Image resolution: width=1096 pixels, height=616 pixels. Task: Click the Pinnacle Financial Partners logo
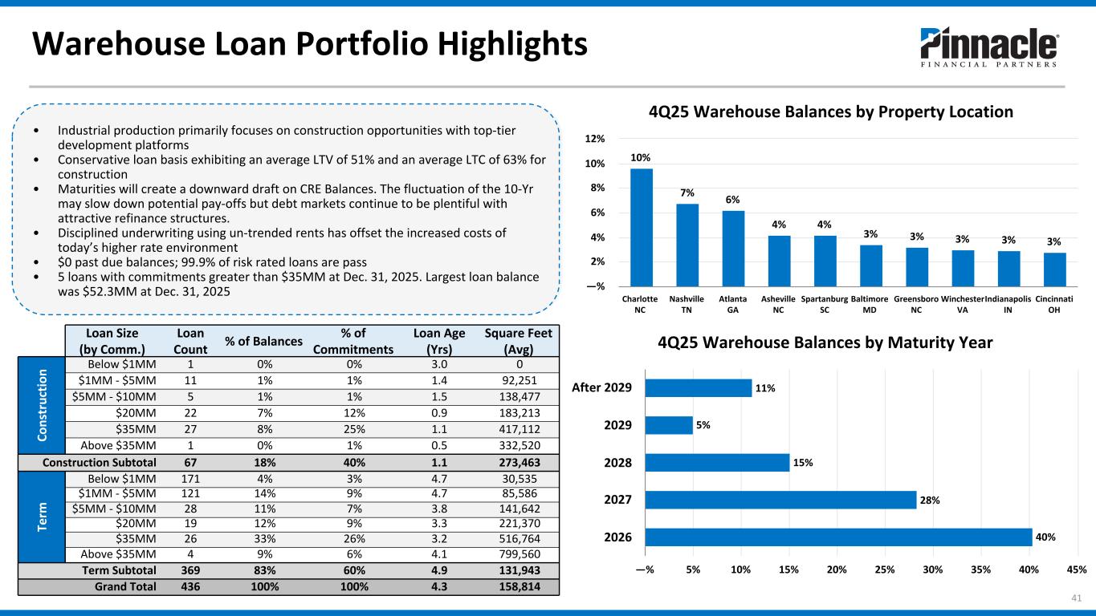[989, 47]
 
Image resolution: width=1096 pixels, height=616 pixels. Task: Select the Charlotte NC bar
[641, 227]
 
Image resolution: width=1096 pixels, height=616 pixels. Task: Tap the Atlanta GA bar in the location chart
[733, 249]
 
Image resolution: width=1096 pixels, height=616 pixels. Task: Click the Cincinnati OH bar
[1054, 269]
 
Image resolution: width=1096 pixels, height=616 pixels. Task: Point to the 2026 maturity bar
[838, 537]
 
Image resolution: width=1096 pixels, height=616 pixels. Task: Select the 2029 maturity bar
[669, 425]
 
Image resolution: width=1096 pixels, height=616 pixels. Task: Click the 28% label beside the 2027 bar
[930, 500]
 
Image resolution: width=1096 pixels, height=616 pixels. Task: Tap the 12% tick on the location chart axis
[595, 139]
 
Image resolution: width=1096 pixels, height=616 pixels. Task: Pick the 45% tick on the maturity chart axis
[1077, 569]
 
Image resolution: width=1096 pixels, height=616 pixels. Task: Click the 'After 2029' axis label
[601, 387]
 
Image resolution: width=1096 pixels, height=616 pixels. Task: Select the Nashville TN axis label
[687, 304]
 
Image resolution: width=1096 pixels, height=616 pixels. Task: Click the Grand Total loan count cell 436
[190, 586]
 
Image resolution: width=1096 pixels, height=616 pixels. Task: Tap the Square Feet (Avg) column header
[518, 341]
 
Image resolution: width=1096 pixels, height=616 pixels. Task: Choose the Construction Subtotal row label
[100, 463]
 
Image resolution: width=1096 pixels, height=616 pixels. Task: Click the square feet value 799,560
[519, 554]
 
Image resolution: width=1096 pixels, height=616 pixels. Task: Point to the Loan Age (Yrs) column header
[439, 341]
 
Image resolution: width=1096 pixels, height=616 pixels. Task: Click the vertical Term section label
[42, 517]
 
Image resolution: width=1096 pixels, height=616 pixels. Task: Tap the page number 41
[1077, 598]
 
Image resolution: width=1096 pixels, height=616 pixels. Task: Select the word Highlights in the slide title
[512, 44]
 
